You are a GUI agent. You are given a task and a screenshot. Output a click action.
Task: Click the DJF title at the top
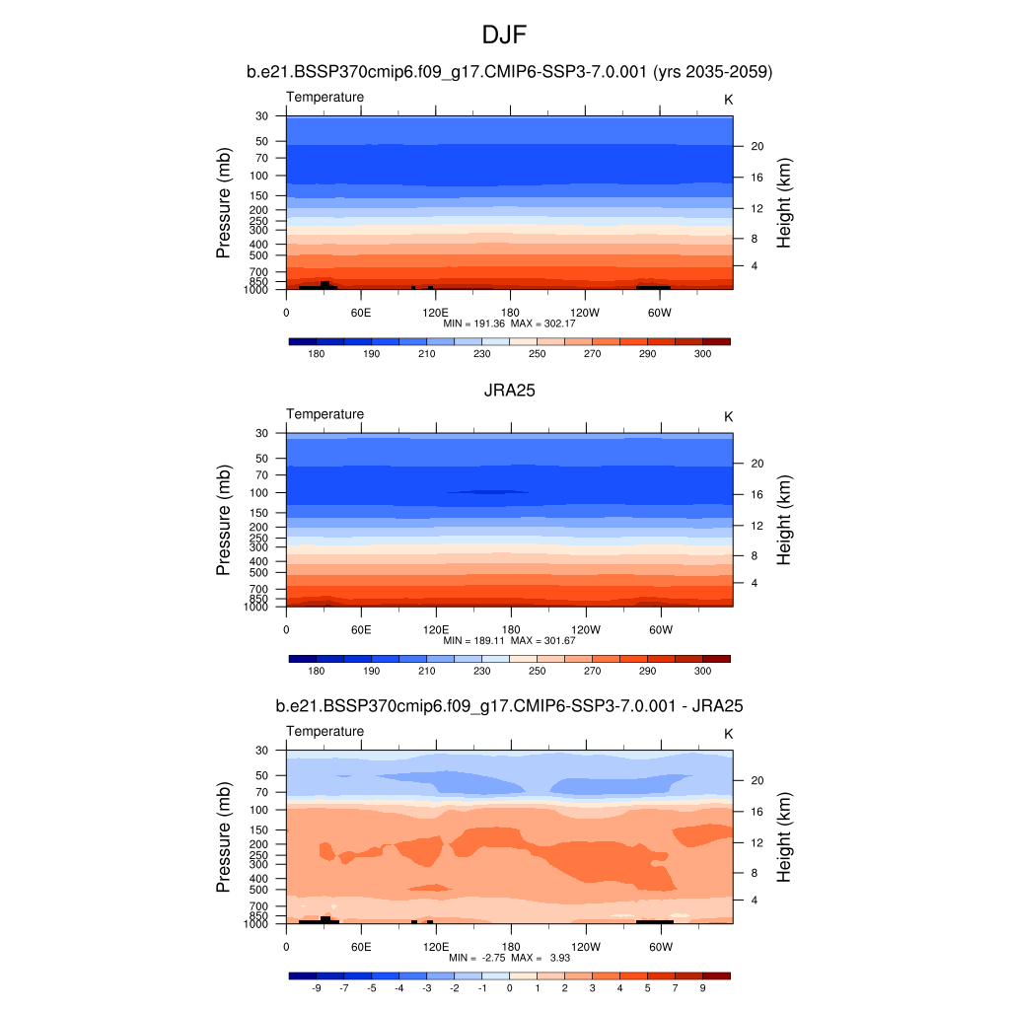pyautogui.click(x=504, y=36)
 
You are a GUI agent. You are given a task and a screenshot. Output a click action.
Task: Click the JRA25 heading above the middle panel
pyautogui.click(x=509, y=391)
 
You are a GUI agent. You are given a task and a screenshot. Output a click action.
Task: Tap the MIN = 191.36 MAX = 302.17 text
pyautogui.click(x=509, y=323)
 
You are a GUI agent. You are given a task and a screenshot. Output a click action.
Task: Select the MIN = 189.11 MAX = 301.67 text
pyautogui.click(x=509, y=640)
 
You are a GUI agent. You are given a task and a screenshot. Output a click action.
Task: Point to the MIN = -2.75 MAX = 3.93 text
pyautogui.click(x=509, y=958)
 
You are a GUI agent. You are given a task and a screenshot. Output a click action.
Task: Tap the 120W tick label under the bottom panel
pyautogui.click(x=586, y=947)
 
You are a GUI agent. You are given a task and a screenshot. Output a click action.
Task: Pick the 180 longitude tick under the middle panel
pyautogui.click(x=511, y=629)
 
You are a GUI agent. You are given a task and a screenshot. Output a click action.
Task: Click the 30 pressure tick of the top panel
pyautogui.click(x=262, y=116)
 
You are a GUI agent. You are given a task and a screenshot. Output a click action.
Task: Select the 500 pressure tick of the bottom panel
pyautogui.click(x=259, y=890)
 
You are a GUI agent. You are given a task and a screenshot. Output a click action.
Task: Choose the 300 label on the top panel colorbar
pyautogui.click(x=703, y=353)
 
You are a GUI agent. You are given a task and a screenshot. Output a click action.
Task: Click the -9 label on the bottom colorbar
pyautogui.click(x=317, y=987)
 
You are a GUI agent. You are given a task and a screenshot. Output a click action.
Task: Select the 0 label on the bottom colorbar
pyautogui.click(x=510, y=987)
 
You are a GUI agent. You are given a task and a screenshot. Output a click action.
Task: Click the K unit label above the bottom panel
pyautogui.click(x=729, y=734)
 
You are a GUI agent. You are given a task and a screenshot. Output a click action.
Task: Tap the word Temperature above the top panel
pyautogui.click(x=325, y=97)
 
